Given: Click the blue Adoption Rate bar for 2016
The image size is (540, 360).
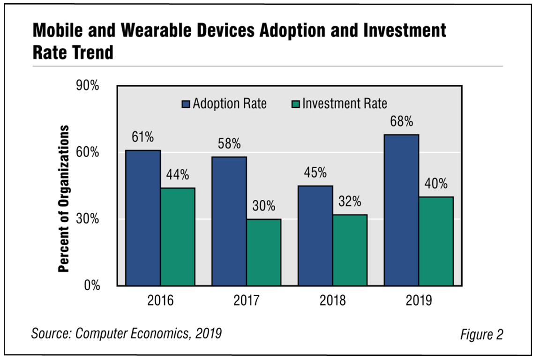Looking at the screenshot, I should click(x=143, y=218).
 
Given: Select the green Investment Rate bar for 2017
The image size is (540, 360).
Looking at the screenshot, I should click(x=263, y=252).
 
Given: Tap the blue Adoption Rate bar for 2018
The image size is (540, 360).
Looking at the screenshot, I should click(x=315, y=235).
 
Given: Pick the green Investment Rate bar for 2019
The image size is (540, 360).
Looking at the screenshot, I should click(x=436, y=241).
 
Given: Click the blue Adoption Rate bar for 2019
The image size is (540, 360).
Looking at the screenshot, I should click(x=401, y=210).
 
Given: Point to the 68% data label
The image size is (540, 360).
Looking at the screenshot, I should click(x=401, y=122).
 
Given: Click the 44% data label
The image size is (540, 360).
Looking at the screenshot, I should click(x=178, y=175).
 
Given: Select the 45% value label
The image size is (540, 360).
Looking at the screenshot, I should click(x=315, y=173).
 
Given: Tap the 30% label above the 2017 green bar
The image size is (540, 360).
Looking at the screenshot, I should click(x=263, y=206).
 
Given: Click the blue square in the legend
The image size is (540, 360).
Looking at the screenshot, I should click(x=186, y=104).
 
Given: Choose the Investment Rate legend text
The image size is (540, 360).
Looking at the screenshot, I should click(x=345, y=104).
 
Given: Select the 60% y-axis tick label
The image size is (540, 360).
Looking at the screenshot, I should click(x=88, y=152).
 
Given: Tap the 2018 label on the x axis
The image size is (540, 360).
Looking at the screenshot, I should click(x=332, y=300).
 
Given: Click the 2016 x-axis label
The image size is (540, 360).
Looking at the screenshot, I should click(x=160, y=300).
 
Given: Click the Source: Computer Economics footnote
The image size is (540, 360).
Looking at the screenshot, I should click(x=126, y=333).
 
